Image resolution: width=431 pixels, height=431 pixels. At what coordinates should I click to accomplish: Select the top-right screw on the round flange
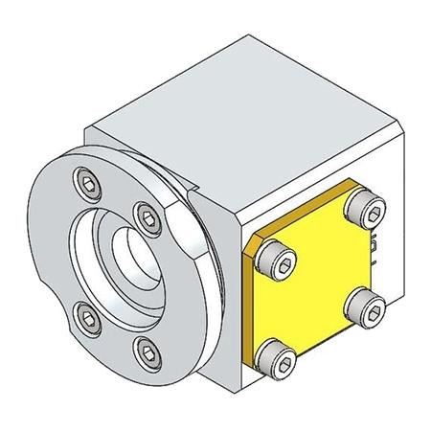click(145, 214)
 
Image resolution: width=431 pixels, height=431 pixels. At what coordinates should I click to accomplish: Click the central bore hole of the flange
click(125, 259)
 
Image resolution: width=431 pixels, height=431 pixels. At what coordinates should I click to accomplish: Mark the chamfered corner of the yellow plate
click(252, 251)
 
